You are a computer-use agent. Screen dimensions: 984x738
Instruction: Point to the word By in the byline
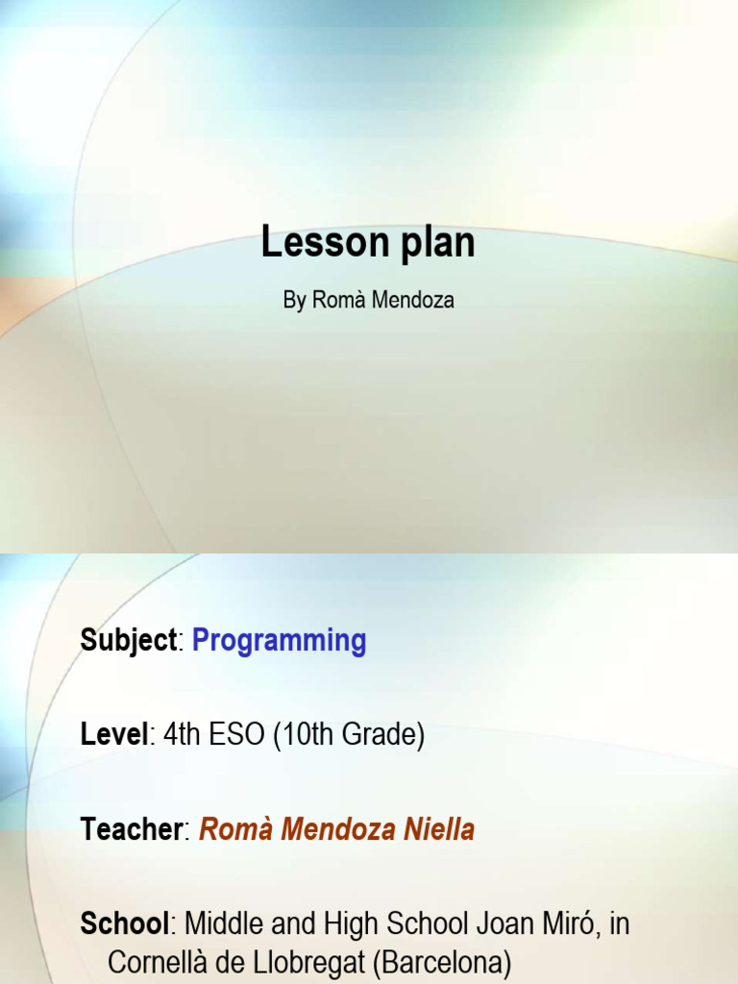coord(294,301)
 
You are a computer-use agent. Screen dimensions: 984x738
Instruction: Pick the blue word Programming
coord(279,642)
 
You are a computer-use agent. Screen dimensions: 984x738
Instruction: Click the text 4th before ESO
coord(181,736)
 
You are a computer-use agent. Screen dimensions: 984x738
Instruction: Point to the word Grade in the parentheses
coord(379,736)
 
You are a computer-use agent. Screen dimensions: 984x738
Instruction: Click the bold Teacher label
coord(132,830)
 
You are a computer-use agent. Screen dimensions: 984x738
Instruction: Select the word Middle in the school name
coord(223,924)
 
